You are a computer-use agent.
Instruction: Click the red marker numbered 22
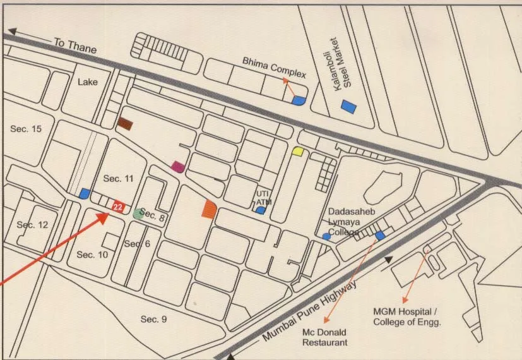(117, 207)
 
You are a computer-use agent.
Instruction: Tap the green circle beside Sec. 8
(138, 213)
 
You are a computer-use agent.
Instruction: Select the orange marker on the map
(209, 208)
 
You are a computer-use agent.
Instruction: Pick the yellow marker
(298, 151)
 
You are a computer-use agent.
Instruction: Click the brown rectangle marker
(125, 124)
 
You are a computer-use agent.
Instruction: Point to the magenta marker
(178, 167)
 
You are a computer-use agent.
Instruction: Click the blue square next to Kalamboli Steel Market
(348, 107)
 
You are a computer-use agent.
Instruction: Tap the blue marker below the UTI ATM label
(260, 210)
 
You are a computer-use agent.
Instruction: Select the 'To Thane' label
(74, 45)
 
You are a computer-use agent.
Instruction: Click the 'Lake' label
(88, 81)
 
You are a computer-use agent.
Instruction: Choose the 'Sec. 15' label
(26, 128)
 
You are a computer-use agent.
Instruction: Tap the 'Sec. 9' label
(153, 319)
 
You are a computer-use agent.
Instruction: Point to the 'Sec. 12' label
(32, 225)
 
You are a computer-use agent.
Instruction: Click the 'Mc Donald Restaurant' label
(324, 337)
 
